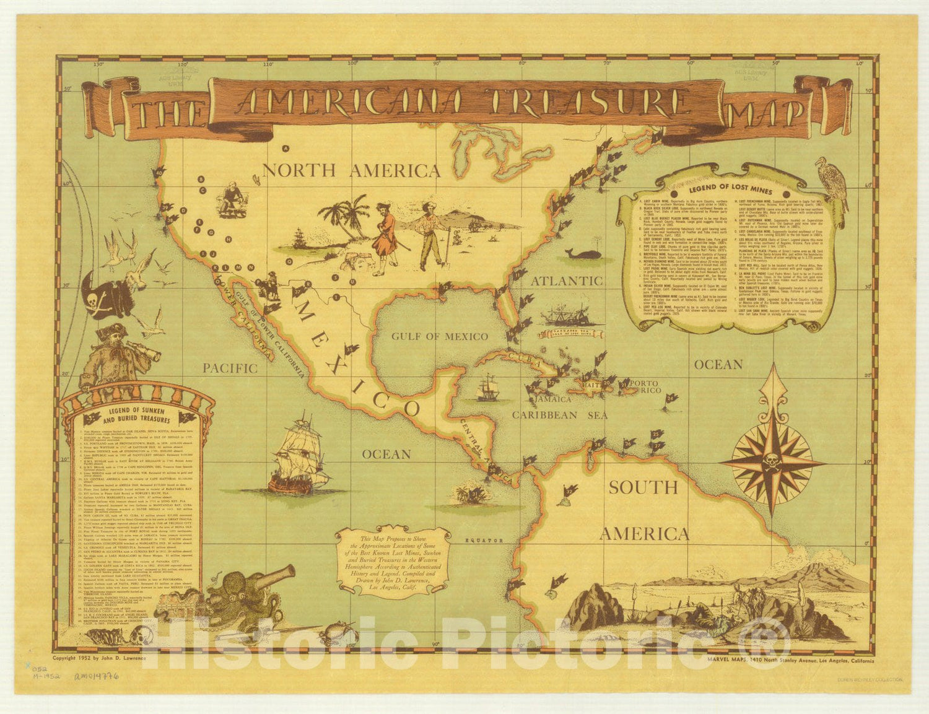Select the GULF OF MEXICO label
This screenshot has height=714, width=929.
(439, 336)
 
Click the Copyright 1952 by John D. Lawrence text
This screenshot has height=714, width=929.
(99, 658)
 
